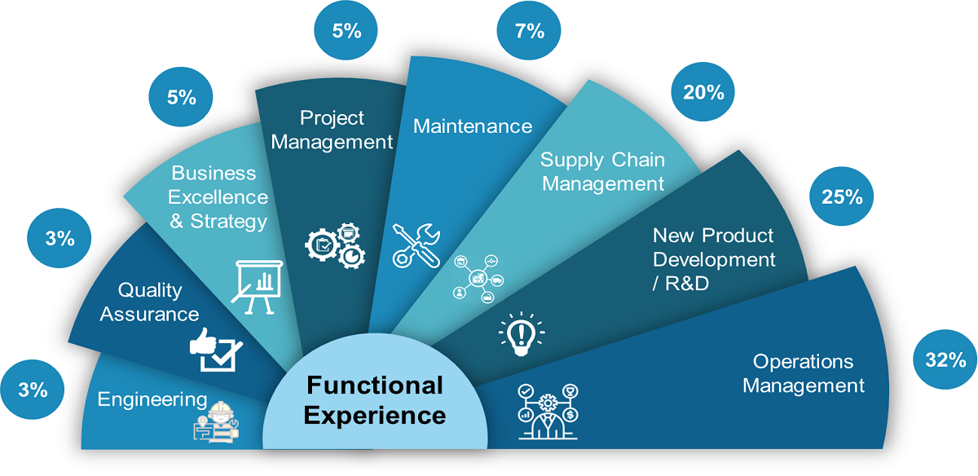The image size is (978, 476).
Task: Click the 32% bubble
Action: tap(945, 359)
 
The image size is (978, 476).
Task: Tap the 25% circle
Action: tap(841, 196)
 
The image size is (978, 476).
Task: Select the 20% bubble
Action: tap(703, 92)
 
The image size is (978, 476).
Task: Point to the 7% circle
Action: tap(529, 30)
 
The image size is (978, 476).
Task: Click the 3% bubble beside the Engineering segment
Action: tap(33, 390)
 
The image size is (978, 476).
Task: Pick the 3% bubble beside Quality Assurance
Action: tap(59, 238)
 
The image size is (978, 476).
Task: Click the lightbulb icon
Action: tap(522, 334)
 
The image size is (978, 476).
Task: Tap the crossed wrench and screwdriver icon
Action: tap(416, 245)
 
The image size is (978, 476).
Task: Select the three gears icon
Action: tap(335, 246)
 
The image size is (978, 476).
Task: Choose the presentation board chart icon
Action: tap(258, 287)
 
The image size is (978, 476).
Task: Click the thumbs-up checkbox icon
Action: tap(216, 350)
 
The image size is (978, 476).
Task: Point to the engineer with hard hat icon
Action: tap(217, 422)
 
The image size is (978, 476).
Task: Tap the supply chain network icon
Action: tap(478, 279)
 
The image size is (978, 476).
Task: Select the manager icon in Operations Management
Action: tap(548, 412)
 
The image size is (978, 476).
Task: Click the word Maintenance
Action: tap(473, 126)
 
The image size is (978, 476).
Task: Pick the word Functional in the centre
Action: tap(375, 386)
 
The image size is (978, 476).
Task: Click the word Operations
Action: tap(803, 362)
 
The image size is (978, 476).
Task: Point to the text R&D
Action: tap(686, 284)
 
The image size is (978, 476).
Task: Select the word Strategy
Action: tap(228, 222)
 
